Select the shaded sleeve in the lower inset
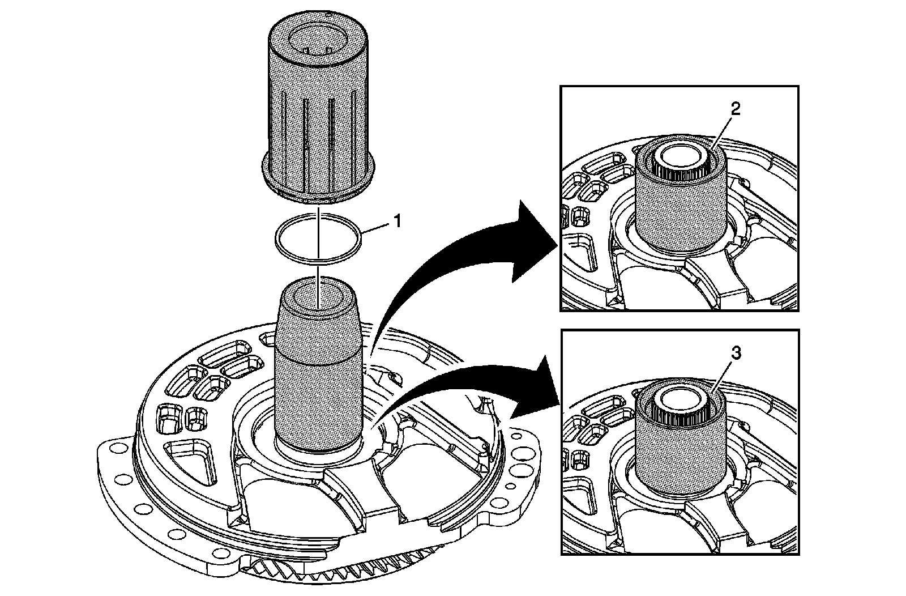click(679, 448)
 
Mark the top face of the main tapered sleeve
click(317, 295)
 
